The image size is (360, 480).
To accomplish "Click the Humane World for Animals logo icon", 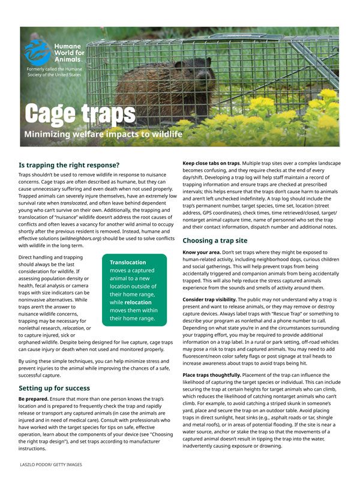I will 37,52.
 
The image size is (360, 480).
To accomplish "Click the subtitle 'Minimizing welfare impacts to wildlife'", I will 103,134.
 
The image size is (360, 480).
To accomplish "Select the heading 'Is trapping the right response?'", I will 70,164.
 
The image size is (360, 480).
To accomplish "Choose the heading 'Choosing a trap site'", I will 215,241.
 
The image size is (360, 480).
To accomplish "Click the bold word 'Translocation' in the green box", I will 127,262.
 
